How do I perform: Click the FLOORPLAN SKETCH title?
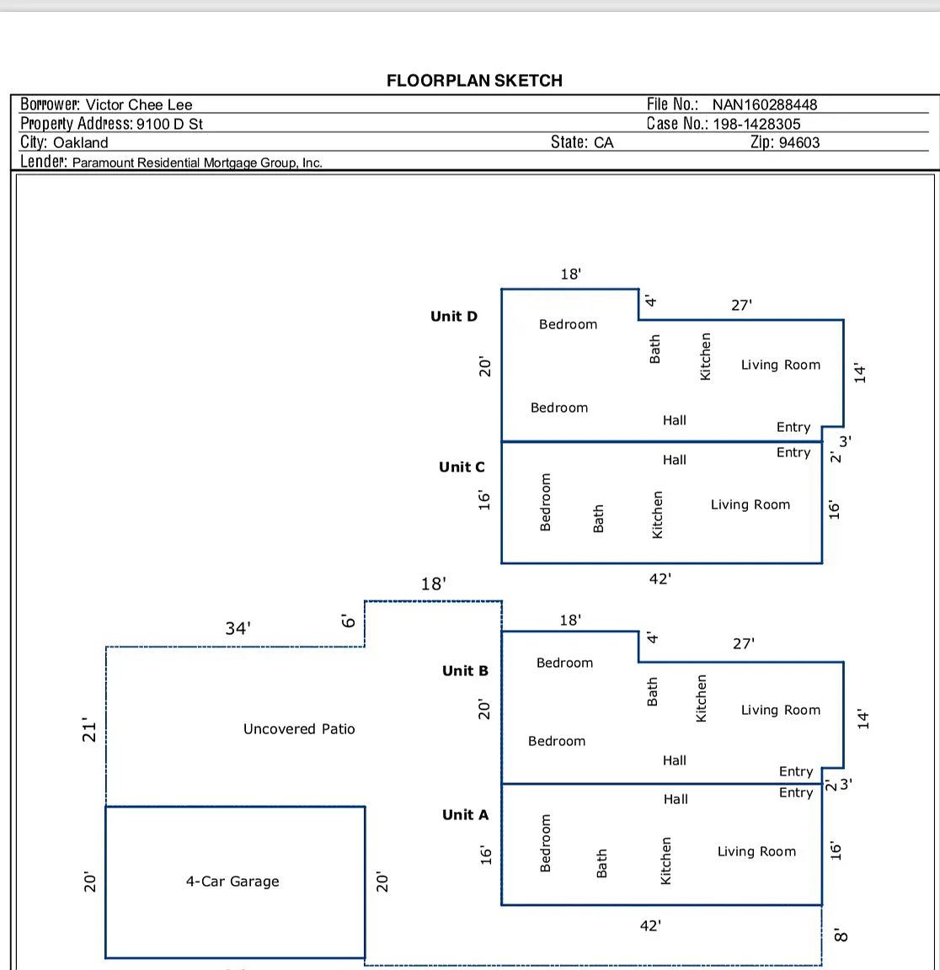[475, 81]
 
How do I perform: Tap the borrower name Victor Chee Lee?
[139, 104]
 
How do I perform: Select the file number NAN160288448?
[764, 104]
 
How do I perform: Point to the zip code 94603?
[798, 142]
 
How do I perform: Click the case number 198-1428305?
[756, 124]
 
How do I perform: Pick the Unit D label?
[454, 316]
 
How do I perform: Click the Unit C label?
[462, 467]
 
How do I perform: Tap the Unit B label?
[465, 670]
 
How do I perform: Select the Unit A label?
[465, 815]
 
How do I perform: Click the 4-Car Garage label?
[232, 881]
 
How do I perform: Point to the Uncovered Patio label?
[299, 728]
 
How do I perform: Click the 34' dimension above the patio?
[238, 628]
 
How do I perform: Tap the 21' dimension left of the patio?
[90, 730]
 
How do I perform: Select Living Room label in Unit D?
[781, 365]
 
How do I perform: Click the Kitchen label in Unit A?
[666, 861]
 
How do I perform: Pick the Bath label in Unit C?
[598, 519]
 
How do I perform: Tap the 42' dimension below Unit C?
[660, 579]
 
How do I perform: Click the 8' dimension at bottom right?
[841, 935]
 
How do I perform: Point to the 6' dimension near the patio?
[349, 621]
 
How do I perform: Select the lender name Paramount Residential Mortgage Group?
[197, 163]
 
